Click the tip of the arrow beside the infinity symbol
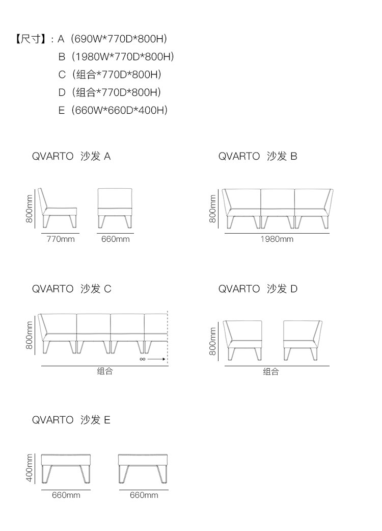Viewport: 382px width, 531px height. (x=166, y=359)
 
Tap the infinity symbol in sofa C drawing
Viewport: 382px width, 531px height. (x=142, y=359)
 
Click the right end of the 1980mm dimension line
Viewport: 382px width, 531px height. (x=329, y=233)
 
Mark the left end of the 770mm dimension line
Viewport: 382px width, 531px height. (x=41, y=233)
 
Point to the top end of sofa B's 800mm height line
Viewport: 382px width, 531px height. (x=218, y=189)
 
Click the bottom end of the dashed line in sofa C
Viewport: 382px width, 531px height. (x=168, y=365)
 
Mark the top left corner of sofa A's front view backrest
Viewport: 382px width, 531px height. (x=98, y=189)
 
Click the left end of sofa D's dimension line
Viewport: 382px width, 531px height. (x=225, y=366)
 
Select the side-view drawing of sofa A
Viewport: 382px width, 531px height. (x=58, y=208)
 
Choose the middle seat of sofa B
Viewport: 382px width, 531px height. (x=278, y=209)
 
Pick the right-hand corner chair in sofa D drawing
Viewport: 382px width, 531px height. (x=303, y=340)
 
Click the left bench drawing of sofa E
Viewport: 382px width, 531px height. (x=66, y=469)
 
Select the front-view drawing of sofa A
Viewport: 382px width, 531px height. (x=115, y=208)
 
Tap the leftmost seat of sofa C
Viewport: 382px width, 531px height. (x=57, y=334)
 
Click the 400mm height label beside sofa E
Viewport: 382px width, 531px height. (x=30, y=468)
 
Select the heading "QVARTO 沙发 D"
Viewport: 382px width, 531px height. (x=258, y=289)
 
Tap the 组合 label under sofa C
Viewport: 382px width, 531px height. (x=105, y=371)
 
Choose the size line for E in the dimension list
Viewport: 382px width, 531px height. (x=113, y=110)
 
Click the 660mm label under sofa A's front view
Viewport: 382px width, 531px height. (x=115, y=239)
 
